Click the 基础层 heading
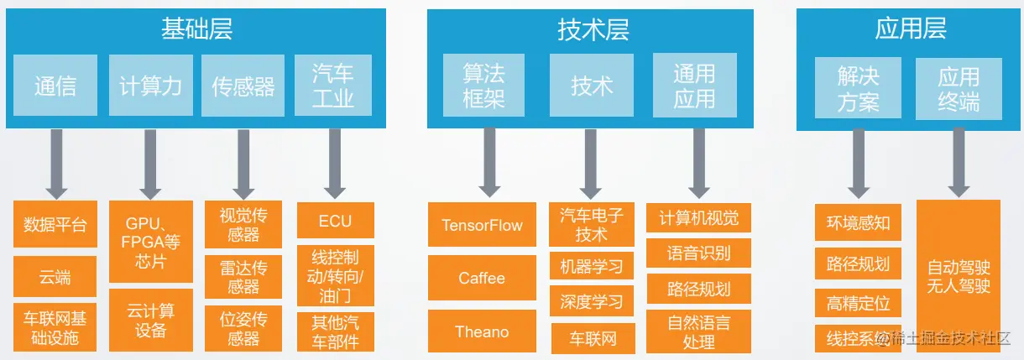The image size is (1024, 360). (196, 30)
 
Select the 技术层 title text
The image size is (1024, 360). (593, 30)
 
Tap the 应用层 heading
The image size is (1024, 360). (910, 29)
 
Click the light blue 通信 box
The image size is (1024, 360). (55, 86)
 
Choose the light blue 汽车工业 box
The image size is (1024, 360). (332, 86)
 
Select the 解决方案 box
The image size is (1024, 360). (858, 89)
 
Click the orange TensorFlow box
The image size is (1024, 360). (482, 225)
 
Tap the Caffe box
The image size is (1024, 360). (482, 278)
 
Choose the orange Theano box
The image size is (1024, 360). (482, 331)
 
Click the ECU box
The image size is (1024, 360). (335, 222)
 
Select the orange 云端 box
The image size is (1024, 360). (55, 277)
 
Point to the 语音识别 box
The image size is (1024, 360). (698, 253)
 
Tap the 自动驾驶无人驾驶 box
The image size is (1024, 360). (959, 278)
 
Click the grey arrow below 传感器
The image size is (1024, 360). (243, 164)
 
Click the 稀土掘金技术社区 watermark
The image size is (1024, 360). (948, 339)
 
